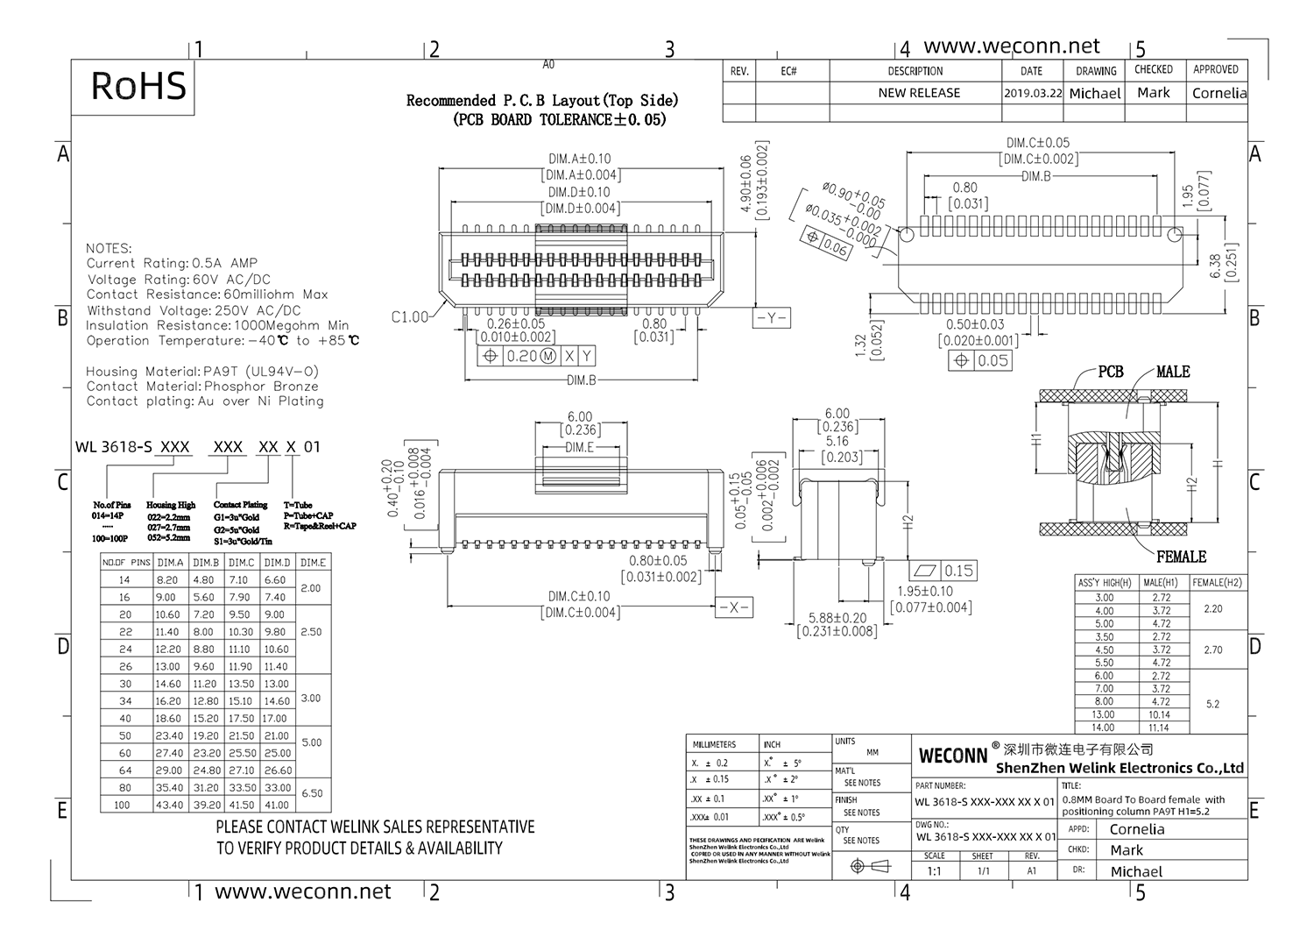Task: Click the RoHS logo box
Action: (x=138, y=86)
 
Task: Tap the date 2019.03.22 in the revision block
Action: (x=1033, y=93)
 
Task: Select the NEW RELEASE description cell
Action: (x=918, y=93)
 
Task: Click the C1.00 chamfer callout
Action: (x=410, y=317)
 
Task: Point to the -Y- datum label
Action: (x=771, y=318)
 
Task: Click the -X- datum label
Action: (x=733, y=607)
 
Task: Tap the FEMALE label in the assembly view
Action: (x=1181, y=557)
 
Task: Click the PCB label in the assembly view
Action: (x=1110, y=372)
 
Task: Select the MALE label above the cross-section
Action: (x=1172, y=372)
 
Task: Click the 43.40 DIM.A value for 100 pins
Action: (x=169, y=805)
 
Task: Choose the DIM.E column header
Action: (x=313, y=563)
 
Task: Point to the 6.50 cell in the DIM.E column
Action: (x=313, y=793)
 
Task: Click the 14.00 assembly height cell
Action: (x=1104, y=728)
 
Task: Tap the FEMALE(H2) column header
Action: (x=1218, y=583)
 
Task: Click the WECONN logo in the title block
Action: (x=952, y=756)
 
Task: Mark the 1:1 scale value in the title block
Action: (x=934, y=871)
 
